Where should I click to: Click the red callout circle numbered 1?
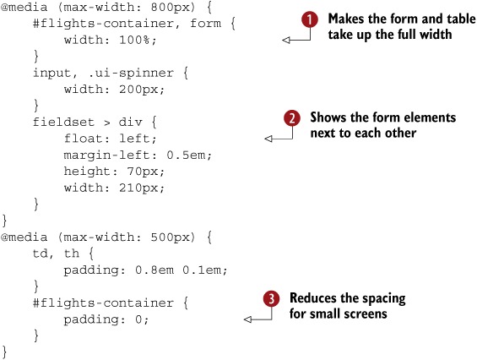coord(310,19)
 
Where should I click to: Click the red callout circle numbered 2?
coord(292,118)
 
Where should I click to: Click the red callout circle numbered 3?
coord(271,299)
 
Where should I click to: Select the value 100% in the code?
coord(134,40)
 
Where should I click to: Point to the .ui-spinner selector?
coord(131,73)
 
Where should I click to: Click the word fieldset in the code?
coord(63,123)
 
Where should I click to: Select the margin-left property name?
coord(106,155)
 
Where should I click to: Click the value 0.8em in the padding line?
coord(154,270)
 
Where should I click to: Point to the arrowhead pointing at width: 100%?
coord(286,40)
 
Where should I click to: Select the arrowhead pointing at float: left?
coord(268,139)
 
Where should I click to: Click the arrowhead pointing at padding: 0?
coord(247,319)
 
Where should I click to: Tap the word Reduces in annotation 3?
coord(312,298)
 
